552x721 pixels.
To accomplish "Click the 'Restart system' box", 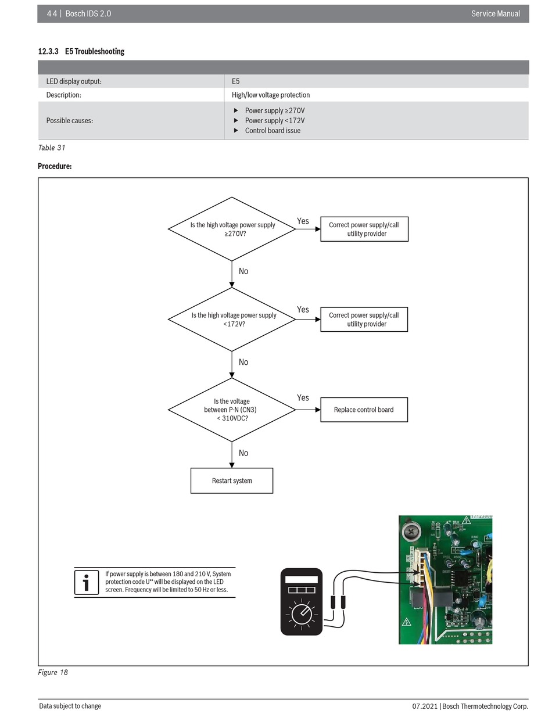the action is (231, 480).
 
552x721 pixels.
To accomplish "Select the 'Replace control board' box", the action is (364, 410).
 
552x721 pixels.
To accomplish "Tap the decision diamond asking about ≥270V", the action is (231, 228).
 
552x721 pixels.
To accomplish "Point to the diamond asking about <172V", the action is (231, 319).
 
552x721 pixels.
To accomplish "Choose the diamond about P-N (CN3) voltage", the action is (231, 410).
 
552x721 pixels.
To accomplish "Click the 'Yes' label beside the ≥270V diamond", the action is (303, 221).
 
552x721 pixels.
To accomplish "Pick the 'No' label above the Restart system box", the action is (243, 453).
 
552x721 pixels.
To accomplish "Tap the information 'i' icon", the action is (86, 582).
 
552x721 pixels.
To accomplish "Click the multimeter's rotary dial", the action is (301, 614).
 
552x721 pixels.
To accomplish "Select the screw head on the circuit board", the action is (411, 532).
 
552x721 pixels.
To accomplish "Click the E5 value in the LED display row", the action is (235, 81).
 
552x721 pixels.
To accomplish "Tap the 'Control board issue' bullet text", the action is (273, 130).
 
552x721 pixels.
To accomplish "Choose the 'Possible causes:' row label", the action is (70, 120).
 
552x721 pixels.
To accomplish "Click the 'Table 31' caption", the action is (52, 148).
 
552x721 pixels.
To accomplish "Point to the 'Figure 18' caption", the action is (53, 672).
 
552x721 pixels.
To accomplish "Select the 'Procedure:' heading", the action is (55, 166).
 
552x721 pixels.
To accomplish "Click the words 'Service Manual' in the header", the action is (495, 13).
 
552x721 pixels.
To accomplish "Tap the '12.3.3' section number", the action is (48, 52).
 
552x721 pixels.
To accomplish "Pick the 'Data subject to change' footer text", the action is (70, 706).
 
